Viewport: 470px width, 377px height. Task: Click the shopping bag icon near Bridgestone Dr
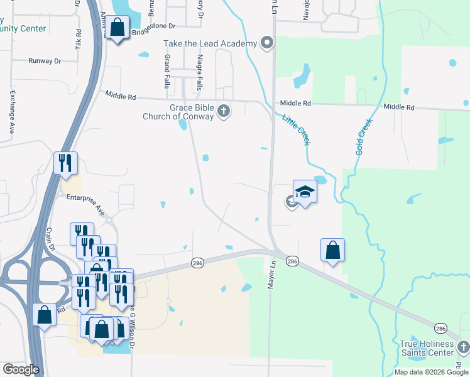pyautogui.click(x=117, y=28)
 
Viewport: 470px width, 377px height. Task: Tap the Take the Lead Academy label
pyautogui.click(x=210, y=43)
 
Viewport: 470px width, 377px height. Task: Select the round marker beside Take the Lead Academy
pyautogui.click(x=267, y=43)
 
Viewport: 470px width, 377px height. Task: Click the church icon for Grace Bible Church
pyautogui.click(x=223, y=112)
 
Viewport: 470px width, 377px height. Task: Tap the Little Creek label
pyautogui.click(x=296, y=129)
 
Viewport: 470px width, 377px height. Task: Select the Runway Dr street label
pyautogui.click(x=44, y=61)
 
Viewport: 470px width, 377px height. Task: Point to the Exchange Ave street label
pyautogui.click(x=11, y=111)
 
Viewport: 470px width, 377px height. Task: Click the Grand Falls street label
pyautogui.click(x=167, y=70)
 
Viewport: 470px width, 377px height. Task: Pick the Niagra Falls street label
pyautogui.click(x=199, y=70)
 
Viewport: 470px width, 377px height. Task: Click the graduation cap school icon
pyautogui.click(x=305, y=191)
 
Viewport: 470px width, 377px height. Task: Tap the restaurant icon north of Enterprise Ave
pyautogui.click(x=66, y=163)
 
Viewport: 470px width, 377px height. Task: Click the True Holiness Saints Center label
pyautogui.click(x=427, y=348)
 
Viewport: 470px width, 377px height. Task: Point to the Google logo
pyautogui.click(x=21, y=369)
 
